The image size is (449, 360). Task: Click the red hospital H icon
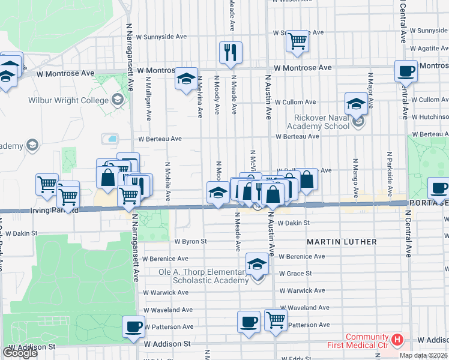pos(397,340)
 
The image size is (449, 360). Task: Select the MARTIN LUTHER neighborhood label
pos(342,242)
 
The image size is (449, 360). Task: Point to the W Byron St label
pos(190,241)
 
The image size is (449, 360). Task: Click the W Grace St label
pos(295,274)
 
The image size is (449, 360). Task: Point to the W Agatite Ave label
pos(429,49)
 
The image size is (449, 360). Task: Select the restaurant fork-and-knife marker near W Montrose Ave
pos(231,52)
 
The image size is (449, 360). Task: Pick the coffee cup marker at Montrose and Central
pos(406,71)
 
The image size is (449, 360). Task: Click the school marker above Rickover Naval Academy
pos(356,103)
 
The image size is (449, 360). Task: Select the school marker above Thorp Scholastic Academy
pos(256,263)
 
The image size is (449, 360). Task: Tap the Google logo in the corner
pos(20,353)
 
